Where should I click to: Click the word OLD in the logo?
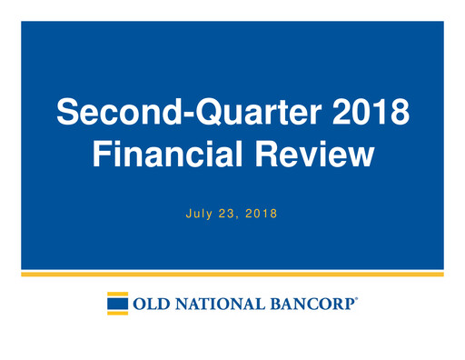point(150,304)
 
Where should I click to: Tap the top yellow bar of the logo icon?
point(117,294)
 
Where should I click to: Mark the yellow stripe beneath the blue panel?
point(232,274)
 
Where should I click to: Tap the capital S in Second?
point(68,113)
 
